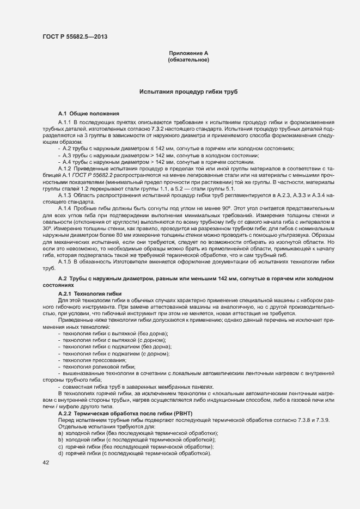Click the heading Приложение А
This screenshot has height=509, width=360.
tap(188, 52)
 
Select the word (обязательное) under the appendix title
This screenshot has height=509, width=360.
tap(188, 59)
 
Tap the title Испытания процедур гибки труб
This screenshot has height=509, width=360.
tap(188, 92)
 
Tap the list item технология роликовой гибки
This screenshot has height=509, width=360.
tap(99, 366)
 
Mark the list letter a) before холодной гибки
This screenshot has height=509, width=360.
tap(60, 433)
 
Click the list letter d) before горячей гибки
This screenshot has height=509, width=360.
tap(60, 453)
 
